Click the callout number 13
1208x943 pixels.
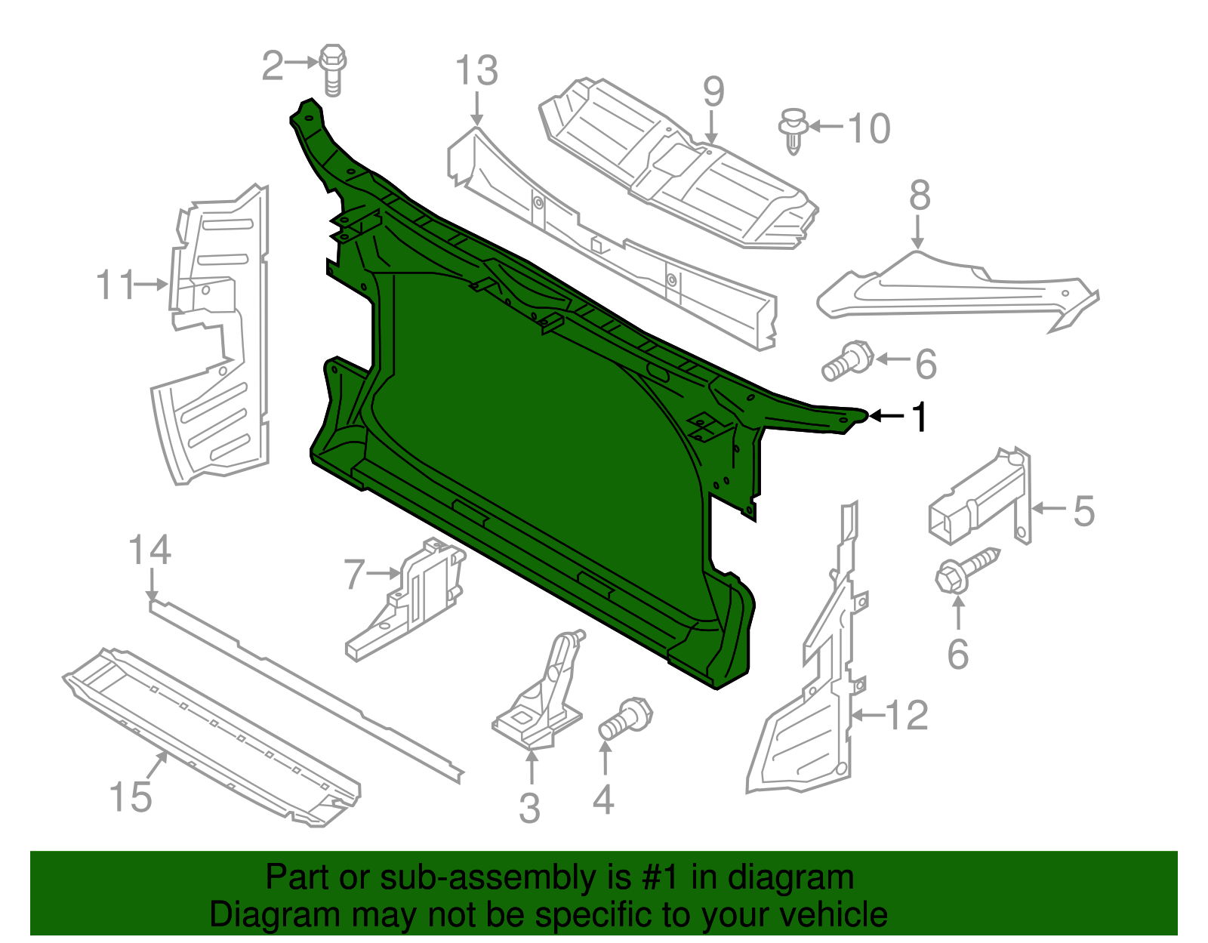pos(476,71)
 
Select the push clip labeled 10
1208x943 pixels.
pos(793,131)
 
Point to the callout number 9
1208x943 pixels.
pos(713,92)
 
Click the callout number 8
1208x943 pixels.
pos(919,196)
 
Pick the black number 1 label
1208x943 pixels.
pos(919,417)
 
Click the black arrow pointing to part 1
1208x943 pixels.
pos(886,416)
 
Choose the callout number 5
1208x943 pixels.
pos(1083,511)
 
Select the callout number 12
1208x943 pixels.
pos(906,714)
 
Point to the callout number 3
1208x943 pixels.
pos(529,808)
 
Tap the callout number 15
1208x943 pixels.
pos(131,797)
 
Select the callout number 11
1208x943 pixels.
pos(116,285)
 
